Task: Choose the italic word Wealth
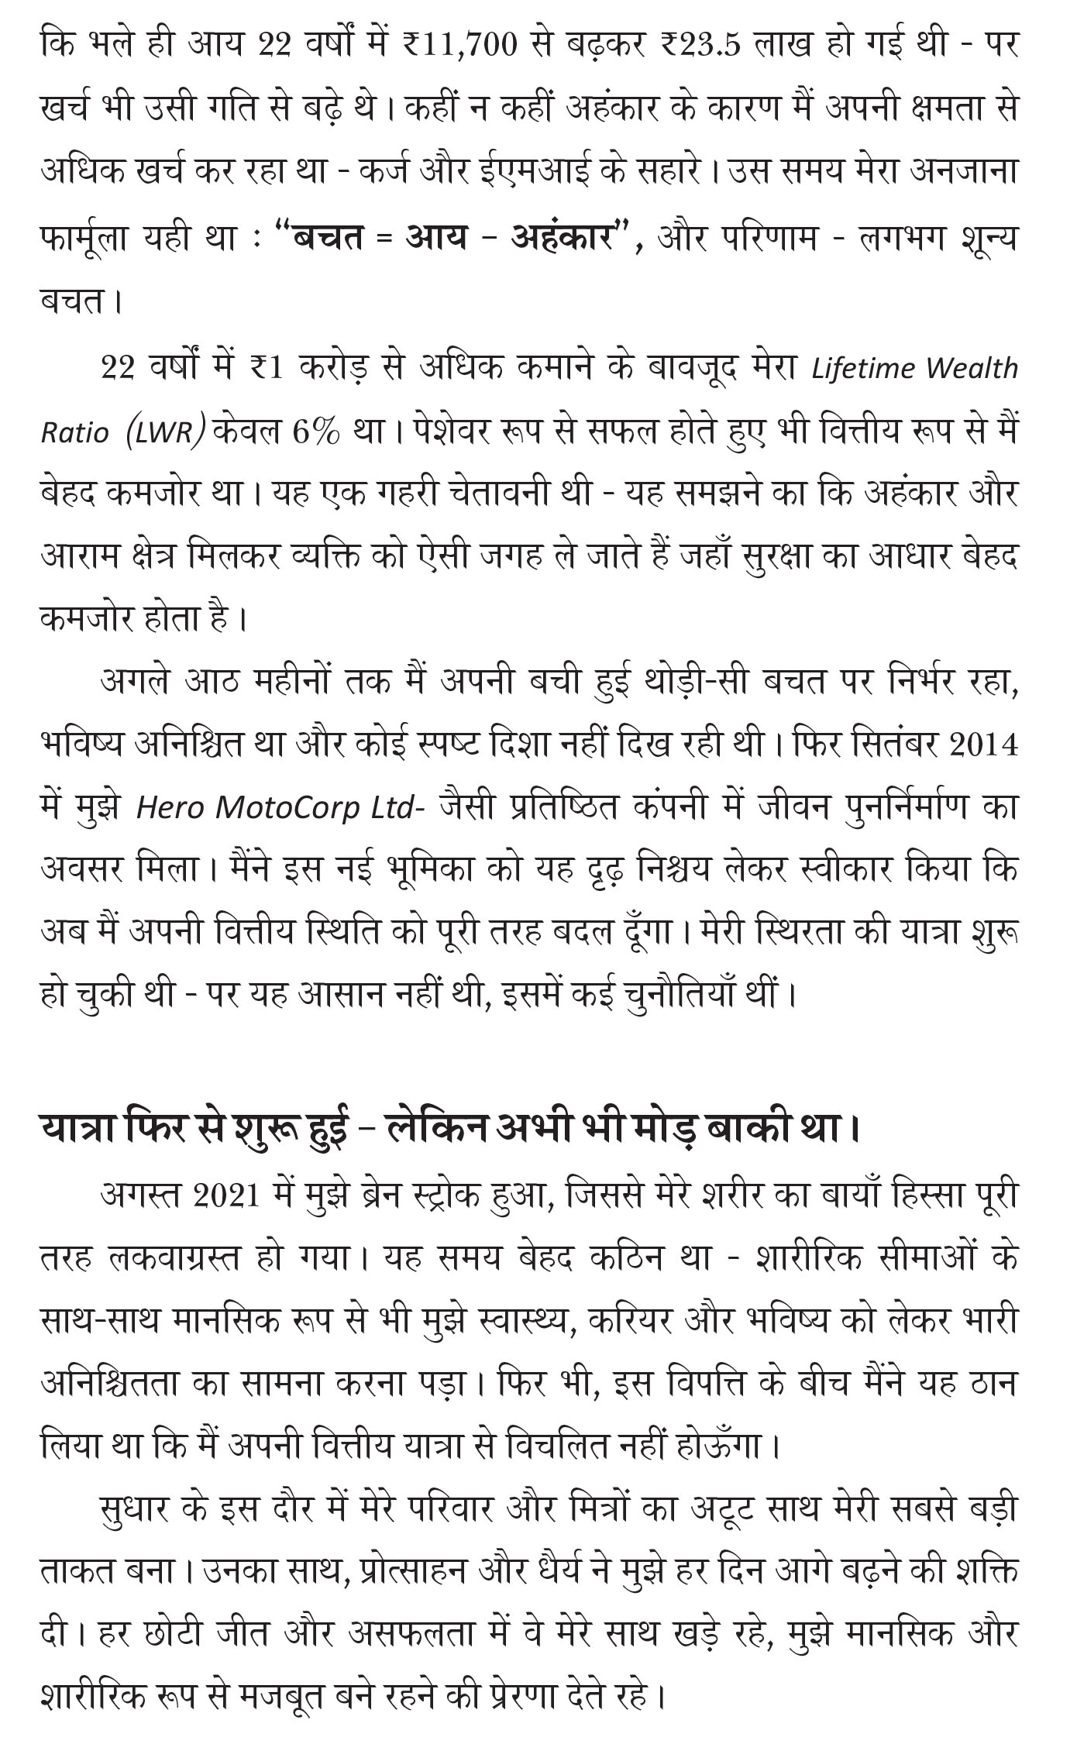[x=972, y=368]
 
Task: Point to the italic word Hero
[x=169, y=808]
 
